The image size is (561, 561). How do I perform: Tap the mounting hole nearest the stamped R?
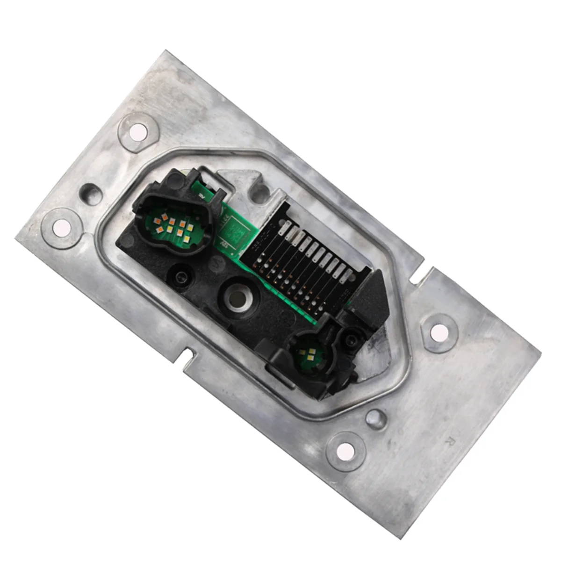pyautogui.click(x=345, y=450)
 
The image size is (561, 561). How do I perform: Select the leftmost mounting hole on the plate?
pyautogui.click(x=59, y=228)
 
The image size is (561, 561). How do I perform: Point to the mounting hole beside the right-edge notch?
pyautogui.click(x=439, y=332)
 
